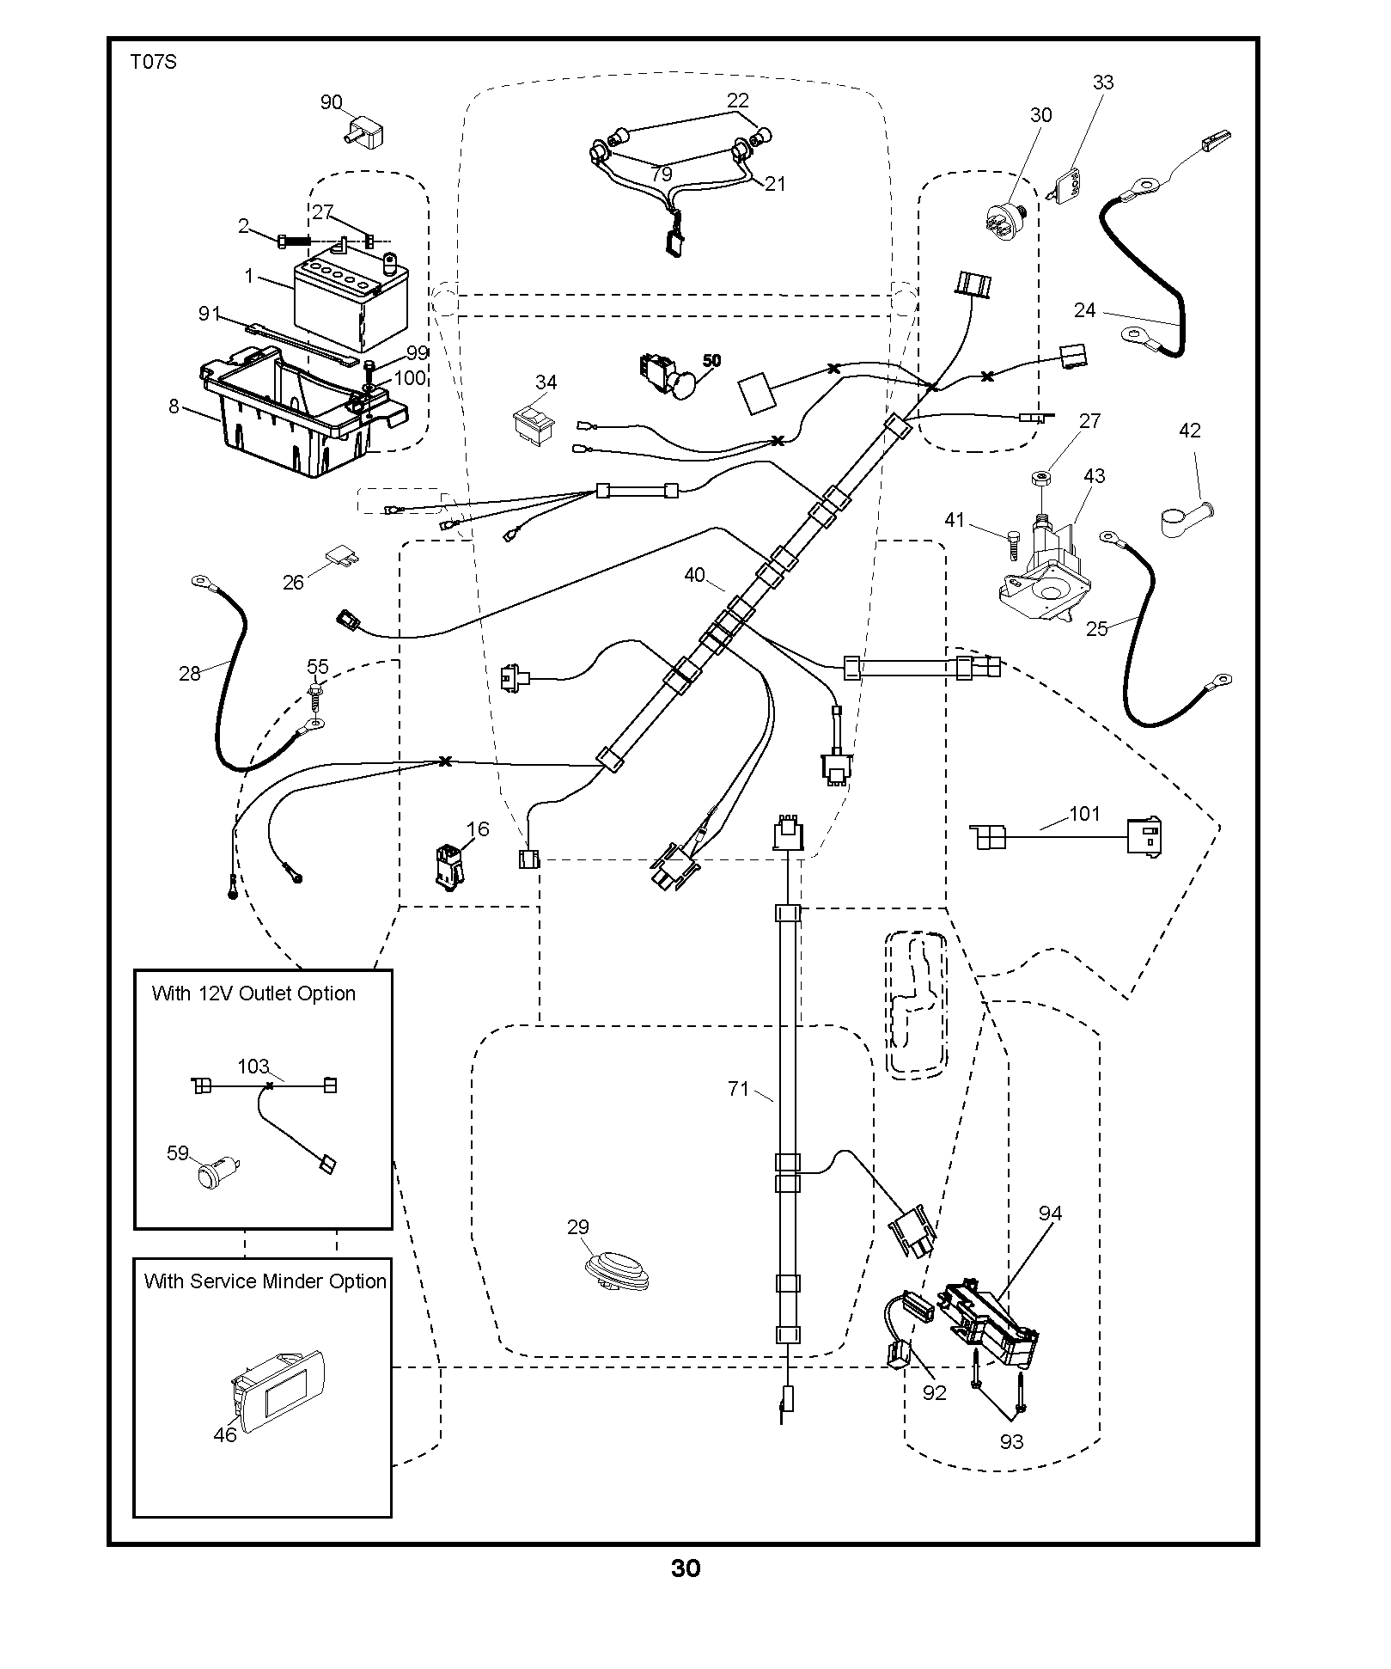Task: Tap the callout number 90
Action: (x=332, y=102)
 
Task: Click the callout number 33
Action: (x=1103, y=83)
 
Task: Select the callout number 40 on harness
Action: (x=694, y=576)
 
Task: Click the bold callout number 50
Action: (x=712, y=361)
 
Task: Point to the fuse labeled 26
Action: (x=343, y=558)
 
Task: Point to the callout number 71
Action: (x=739, y=1089)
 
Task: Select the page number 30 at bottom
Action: (x=686, y=1568)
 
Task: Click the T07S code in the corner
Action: (x=154, y=62)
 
